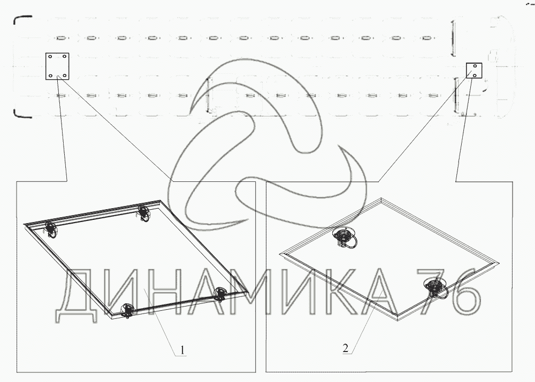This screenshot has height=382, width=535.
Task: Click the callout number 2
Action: pos(346,348)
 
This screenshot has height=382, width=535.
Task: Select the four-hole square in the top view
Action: pos(57,66)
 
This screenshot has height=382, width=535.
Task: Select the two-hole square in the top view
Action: pos(474,71)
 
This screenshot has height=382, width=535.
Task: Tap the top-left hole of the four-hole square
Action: pos(50,57)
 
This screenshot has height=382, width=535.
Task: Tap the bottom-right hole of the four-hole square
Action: pos(65,75)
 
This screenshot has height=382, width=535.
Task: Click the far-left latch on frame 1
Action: pos(50,229)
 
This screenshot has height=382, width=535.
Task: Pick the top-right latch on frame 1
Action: pos(143,213)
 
